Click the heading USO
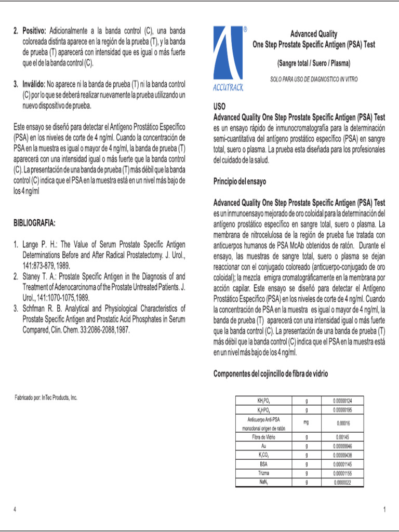220,106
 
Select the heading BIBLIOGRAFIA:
34,223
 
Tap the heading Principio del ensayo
240,181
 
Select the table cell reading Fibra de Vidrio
263,437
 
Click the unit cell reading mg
306,422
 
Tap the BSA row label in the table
263,463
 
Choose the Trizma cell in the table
263,473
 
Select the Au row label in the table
263,446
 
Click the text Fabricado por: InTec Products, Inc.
46,397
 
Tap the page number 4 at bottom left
15,510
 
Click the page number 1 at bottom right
384,510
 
